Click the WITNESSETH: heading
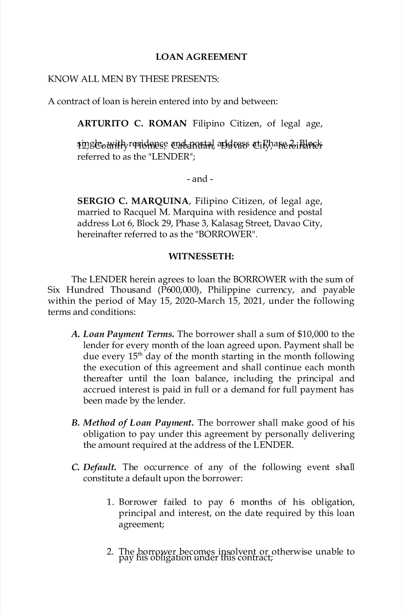(201, 257)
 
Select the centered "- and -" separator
(200, 179)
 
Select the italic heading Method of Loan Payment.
(138, 423)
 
